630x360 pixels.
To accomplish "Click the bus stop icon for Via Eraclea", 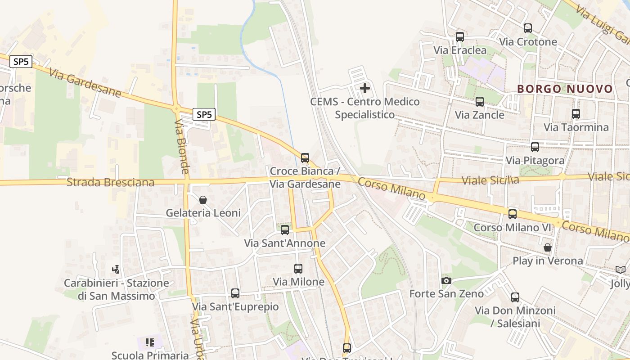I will pyautogui.click(x=460, y=37).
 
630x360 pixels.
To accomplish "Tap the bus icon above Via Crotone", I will pyautogui.click(x=528, y=28).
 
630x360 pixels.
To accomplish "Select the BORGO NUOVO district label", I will pyautogui.click(x=565, y=89).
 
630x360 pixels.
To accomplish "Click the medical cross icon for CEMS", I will pyautogui.click(x=365, y=88).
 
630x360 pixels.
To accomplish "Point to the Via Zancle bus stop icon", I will pyautogui.click(x=480, y=102).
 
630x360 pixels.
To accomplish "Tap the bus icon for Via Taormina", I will pyautogui.click(x=576, y=114).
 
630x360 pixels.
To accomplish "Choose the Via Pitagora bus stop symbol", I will pyautogui.click(x=535, y=147).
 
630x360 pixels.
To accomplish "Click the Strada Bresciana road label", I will pyautogui.click(x=110, y=182).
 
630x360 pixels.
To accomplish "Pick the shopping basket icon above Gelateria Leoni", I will pyautogui.click(x=203, y=200).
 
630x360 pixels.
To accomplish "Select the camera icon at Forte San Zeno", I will pyautogui.click(x=446, y=281).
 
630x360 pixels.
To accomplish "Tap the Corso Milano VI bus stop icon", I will pyautogui.click(x=513, y=214).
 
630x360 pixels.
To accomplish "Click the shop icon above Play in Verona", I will pyautogui.click(x=548, y=247).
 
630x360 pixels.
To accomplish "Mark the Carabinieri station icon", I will pyautogui.click(x=116, y=270).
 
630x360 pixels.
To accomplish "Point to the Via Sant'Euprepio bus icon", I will pyautogui.click(x=235, y=293).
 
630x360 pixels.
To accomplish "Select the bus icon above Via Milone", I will pyautogui.click(x=298, y=269).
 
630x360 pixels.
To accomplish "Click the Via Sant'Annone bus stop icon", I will pyautogui.click(x=285, y=230).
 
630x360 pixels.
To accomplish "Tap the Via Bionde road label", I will pyautogui.click(x=182, y=146).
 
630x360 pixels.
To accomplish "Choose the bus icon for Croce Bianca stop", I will pyautogui.click(x=305, y=158).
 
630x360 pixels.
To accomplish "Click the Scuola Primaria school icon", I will pyautogui.click(x=150, y=342).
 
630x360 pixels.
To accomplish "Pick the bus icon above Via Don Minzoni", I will pyautogui.click(x=515, y=297).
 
